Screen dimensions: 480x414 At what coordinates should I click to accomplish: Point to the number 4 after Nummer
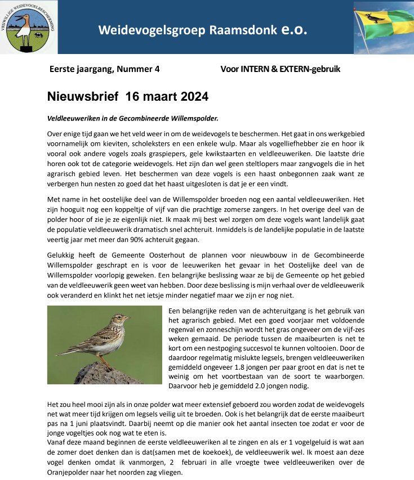pyautogui.click(x=157, y=69)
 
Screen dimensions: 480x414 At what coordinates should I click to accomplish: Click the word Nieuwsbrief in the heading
pyautogui.click(x=82, y=97)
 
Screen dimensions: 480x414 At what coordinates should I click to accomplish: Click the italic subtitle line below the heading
pyautogui.click(x=132, y=118)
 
